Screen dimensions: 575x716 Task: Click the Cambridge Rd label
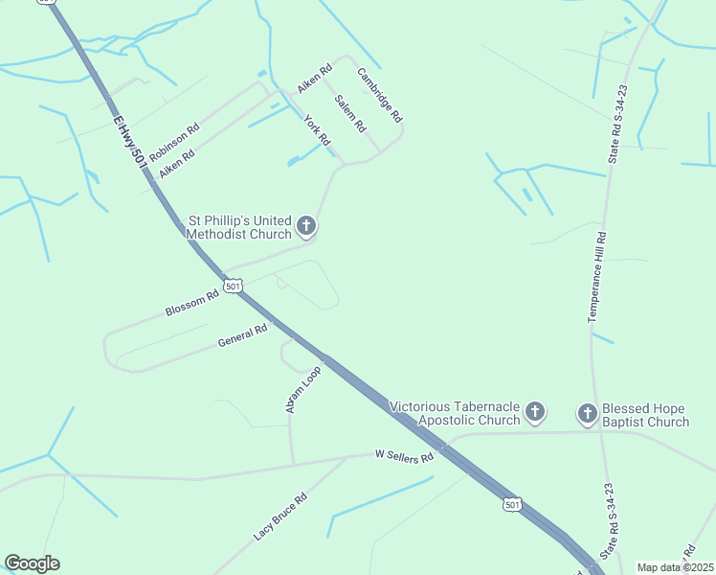coord(380,94)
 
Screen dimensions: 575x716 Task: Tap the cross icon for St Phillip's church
coord(306,227)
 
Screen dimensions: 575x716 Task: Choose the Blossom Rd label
coord(192,304)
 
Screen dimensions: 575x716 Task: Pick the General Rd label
coord(242,336)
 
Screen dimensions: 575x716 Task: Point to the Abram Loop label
coord(302,389)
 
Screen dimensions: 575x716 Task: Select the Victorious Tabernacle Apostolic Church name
coord(455,413)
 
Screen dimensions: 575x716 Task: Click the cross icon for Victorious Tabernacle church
coord(535,413)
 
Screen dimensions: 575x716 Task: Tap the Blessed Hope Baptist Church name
coord(645,415)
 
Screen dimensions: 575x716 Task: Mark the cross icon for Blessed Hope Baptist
coord(587,414)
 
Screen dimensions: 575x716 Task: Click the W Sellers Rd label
coord(404,455)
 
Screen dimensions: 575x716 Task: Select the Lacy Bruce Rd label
coord(280,516)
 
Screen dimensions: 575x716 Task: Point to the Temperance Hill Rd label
coord(598,276)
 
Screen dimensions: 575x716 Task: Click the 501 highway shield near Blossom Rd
coord(234,286)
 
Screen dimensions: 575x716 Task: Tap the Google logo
coord(32,563)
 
